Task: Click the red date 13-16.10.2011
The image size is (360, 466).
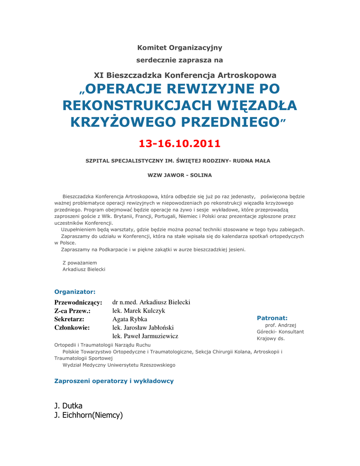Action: pos(179,144)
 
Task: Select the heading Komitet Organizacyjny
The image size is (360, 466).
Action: pos(179,47)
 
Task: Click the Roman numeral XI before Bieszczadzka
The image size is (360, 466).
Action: pos(99,75)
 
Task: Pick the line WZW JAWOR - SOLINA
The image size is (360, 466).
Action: pos(179,175)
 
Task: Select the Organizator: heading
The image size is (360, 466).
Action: pos(75,292)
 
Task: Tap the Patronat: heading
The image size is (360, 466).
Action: pos(272,318)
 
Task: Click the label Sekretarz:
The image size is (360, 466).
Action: pos(69,319)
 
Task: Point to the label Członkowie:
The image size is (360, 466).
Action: pos(72,328)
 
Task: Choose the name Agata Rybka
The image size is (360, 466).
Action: pos(130,319)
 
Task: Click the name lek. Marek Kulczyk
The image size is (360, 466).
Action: pos(138,311)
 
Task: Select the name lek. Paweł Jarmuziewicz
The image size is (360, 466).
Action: pos(145,336)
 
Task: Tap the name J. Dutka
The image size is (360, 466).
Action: pos(68,405)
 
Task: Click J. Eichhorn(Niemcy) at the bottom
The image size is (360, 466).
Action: pos(88,415)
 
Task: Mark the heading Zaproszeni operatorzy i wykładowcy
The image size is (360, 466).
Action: pos(114,381)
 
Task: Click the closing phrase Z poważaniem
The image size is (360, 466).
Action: pos(80,263)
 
